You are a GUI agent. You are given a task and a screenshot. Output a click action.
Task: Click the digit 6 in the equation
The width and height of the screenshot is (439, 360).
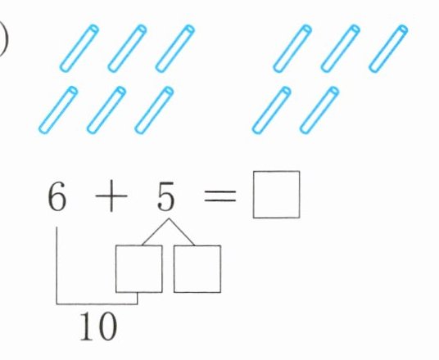(x=57, y=196)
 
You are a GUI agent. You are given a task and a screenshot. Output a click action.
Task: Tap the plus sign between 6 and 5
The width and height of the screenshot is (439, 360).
(x=111, y=196)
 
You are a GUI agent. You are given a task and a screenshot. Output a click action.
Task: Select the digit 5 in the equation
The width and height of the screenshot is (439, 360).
(x=165, y=196)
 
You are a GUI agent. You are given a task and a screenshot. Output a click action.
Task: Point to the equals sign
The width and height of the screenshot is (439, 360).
(x=220, y=196)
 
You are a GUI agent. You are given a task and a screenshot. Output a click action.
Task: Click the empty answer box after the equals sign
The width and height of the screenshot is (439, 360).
(x=276, y=195)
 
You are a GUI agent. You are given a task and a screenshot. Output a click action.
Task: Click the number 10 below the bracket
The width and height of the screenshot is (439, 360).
(x=98, y=326)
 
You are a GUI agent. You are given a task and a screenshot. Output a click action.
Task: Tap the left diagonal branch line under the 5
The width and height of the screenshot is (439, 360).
(x=156, y=232)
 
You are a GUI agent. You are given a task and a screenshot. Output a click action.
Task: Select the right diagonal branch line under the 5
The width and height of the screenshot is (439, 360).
(x=182, y=232)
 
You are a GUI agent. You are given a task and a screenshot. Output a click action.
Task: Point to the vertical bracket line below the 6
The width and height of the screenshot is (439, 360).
(x=57, y=265)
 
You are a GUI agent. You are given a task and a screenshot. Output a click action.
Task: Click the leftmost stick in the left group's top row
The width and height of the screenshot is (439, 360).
(x=79, y=48)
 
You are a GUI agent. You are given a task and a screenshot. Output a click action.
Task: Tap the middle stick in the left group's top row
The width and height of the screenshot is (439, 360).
(x=127, y=48)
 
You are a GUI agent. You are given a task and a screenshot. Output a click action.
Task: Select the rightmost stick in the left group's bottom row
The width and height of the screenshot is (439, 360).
(x=154, y=110)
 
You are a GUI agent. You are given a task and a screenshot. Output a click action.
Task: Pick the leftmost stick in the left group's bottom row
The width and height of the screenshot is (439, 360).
(x=58, y=110)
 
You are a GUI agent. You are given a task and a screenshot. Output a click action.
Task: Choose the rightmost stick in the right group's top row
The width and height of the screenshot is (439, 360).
(x=388, y=48)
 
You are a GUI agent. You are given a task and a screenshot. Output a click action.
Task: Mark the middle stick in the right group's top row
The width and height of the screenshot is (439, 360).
(x=340, y=48)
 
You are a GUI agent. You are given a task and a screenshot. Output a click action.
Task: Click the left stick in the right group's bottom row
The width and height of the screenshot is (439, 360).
(x=271, y=110)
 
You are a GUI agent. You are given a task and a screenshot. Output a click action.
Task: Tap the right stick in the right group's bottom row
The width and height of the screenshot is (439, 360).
(x=319, y=110)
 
